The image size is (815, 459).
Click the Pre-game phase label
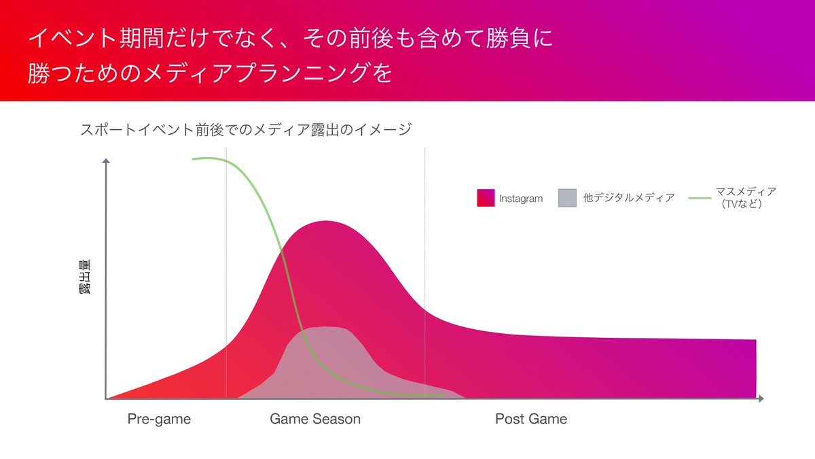159,419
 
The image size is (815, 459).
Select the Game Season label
315,419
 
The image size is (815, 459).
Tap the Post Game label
530,419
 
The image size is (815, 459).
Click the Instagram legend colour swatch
486,198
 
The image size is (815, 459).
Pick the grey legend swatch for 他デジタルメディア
567,198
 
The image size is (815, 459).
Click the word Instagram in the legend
521,199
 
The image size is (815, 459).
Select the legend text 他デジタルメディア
629,198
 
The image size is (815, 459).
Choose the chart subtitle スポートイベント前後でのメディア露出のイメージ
246,129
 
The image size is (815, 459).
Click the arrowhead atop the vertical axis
106,162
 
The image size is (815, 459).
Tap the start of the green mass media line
194,159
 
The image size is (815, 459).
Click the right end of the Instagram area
755,367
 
